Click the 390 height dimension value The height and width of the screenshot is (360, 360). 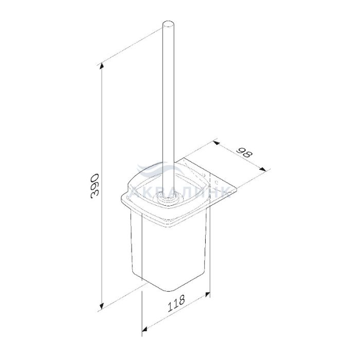95,186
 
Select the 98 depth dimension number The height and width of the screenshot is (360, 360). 245,153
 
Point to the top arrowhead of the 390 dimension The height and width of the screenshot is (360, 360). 101,66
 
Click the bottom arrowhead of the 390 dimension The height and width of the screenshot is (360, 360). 101,306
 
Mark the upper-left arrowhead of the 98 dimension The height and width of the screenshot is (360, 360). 215,143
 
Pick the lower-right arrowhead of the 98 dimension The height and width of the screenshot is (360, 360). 263,169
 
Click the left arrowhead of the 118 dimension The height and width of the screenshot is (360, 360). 145,330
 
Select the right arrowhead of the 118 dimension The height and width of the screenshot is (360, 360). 208,294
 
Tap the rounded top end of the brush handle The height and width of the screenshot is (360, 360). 168,25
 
